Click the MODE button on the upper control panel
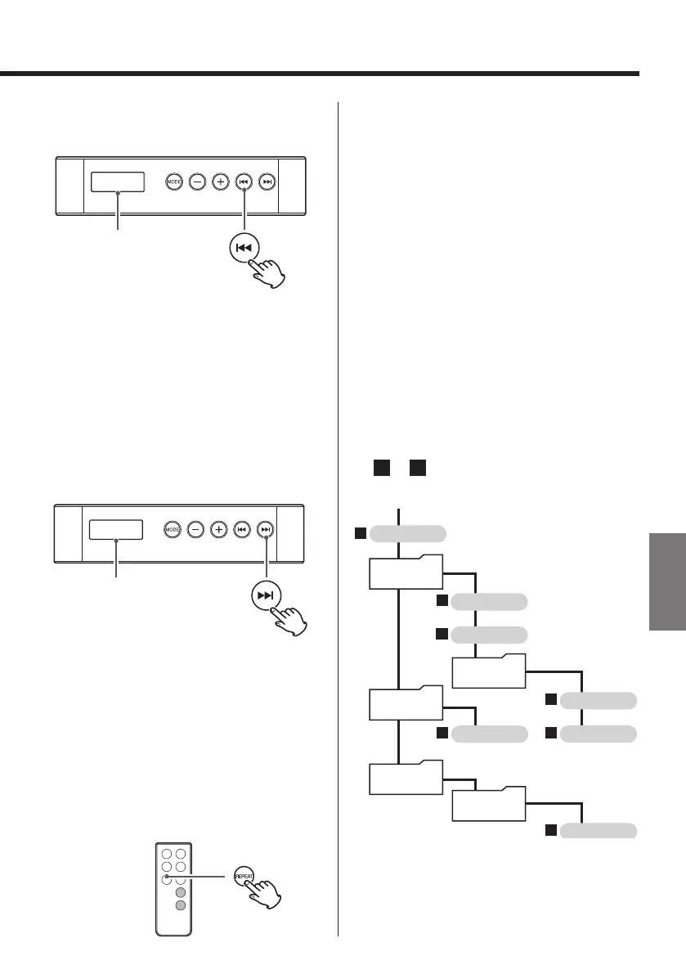pos(173,182)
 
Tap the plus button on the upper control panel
pos(220,182)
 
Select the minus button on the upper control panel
pos(197,182)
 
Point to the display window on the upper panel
pos(118,182)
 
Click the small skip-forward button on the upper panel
pos(267,182)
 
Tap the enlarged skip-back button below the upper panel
pos(245,248)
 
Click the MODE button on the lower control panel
pos(173,530)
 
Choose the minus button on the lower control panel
pos(196,530)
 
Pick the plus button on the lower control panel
pos(219,530)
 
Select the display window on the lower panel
pos(116,530)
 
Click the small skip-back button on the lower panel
pos(242,530)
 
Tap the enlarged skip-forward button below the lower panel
pos(267,595)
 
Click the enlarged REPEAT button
pos(244,874)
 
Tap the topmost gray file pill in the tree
pos(408,534)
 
